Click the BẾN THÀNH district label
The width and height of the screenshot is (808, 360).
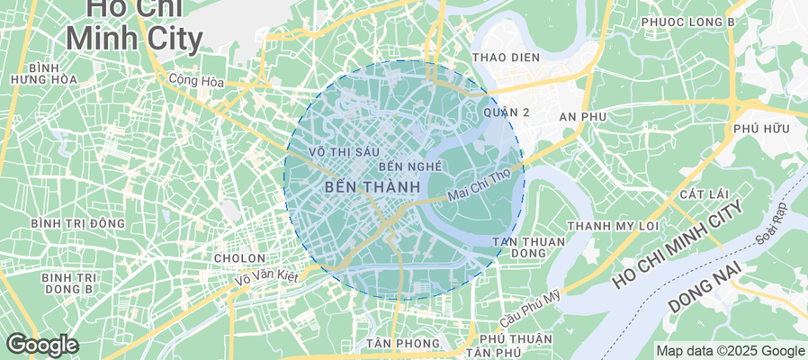[x=371, y=187]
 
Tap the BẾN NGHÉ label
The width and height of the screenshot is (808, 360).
[x=410, y=166]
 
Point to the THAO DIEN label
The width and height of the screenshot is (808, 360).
[x=506, y=58]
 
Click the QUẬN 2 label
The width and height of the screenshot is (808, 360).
[x=506, y=112]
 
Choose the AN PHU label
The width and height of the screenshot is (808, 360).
[x=583, y=117]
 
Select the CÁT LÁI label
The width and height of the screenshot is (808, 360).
[x=703, y=194]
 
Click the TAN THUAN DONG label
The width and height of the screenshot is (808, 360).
[x=529, y=247]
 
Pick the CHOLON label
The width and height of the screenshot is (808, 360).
[x=238, y=258]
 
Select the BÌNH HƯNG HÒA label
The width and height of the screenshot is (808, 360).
[x=43, y=74]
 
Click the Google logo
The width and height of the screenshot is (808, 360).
[x=41, y=345]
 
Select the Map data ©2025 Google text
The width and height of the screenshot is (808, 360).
[x=730, y=351]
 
